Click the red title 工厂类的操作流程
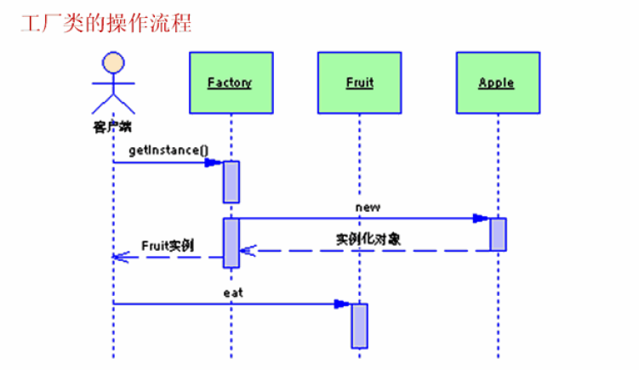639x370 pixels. coord(106,22)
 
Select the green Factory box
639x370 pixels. coord(230,83)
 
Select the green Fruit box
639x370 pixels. coord(359,83)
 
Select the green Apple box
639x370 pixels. coord(497,83)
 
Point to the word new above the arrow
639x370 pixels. coord(368,207)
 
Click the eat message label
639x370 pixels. coord(233,292)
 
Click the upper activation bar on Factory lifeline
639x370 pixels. coord(231,181)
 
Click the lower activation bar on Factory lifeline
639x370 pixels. coord(231,242)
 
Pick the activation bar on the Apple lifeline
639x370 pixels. coord(498,234)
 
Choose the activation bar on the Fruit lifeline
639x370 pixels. coord(360,325)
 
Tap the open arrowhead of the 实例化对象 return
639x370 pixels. coord(247,250)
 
